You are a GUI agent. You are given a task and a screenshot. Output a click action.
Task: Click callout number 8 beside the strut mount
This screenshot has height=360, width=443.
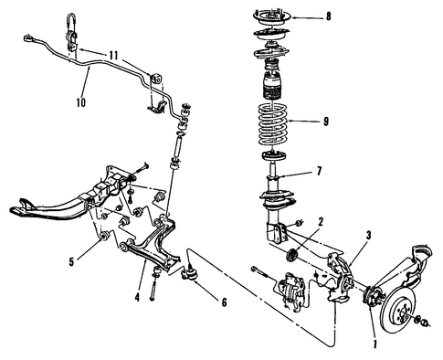pyautogui.click(x=328, y=16)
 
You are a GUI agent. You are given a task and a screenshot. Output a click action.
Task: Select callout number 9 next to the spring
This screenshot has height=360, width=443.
pyautogui.click(x=326, y=122)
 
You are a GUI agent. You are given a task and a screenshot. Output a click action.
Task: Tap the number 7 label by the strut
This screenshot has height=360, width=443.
pyautogui.click(x=319, y=171)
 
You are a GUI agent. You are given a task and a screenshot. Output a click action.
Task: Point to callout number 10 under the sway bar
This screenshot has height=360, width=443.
pyautogui.click(x=81, y=102)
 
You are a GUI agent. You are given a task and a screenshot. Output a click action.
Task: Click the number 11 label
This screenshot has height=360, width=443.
pyautogui.click(x=113, y=56)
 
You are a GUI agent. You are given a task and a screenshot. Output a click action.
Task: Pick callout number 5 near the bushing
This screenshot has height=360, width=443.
pyautogui.click(x=71, y=262)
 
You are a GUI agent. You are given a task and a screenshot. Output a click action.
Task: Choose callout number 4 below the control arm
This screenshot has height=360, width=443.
pyautogui.click(x=137, y=297)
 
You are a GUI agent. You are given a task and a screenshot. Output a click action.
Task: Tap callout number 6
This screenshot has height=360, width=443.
pyautogui.click(x=224, y=302)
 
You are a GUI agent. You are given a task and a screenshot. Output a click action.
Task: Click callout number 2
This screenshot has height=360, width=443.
pyautogui.click(x=320, y=222)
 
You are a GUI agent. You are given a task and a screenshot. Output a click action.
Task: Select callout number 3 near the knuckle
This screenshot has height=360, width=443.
pyautogui.click(x=368, y=235)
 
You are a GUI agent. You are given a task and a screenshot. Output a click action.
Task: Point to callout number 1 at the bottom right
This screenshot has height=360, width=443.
pyautogui.click(x=374, y=344)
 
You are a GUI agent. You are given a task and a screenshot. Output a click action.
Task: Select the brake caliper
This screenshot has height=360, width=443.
pyautogui.click(x=291, y=291)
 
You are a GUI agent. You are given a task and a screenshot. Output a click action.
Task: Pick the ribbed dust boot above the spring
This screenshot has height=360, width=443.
pyautogui.click(x=271, y=86)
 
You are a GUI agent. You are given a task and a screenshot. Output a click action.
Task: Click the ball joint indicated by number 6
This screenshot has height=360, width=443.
pyautogui.click(x=190, y=274)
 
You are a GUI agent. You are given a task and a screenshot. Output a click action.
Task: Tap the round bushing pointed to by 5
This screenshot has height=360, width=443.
pyautogui.click(x=104, y=237)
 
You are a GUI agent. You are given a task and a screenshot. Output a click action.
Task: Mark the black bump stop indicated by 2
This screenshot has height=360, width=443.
pyautogui.click(x=292, y=255)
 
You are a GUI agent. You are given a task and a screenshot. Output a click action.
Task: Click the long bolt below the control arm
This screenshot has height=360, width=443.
pyautogui.click(x=153, y=286)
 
